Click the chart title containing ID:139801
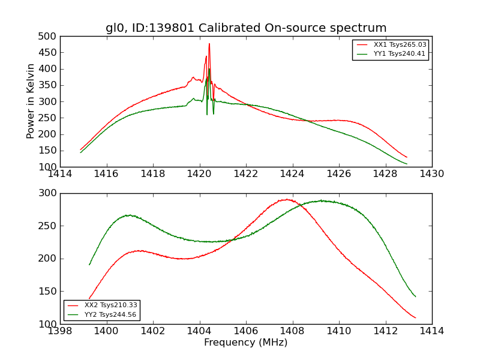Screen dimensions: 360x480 tap(246, 28)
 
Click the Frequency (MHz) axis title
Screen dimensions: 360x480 tap(246, 343)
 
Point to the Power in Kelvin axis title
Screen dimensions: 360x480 tap(31, 101)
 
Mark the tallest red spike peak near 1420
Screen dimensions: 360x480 tap(209, 43)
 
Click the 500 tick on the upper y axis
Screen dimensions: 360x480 tap(50, 36)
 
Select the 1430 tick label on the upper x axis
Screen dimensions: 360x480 tap(432, 174)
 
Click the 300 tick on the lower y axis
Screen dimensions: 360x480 tap(50, 193)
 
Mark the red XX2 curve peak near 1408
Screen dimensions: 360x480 tap(287, 199)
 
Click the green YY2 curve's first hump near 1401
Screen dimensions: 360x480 tap(129, 215)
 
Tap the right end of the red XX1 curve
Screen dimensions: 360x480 tap(407, 157)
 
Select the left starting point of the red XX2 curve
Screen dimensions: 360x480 tap(89, 298)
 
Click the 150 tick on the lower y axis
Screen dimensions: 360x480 tap(50, 291)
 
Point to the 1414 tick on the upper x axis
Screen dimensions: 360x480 tap(60, 174)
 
